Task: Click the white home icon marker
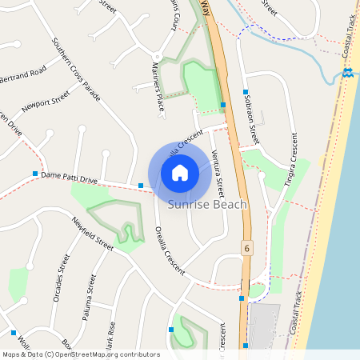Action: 180,173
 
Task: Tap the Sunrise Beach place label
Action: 207,206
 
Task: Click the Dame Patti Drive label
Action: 69,177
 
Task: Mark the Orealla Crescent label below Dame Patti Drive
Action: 170,249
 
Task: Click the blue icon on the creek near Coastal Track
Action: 347,73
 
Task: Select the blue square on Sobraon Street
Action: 246,93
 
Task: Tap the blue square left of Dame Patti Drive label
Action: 35,174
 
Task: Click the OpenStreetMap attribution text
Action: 81,354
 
